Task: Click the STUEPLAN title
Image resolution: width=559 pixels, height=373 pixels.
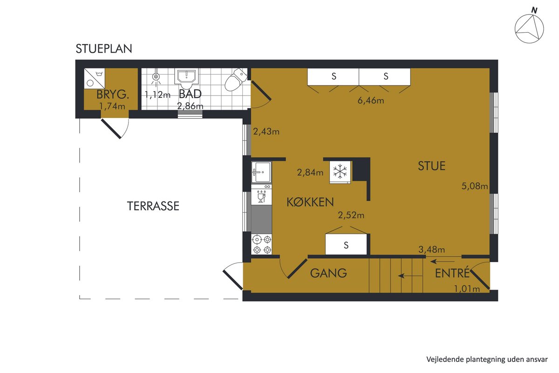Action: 104,48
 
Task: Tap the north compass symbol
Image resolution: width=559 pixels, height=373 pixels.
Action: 529,28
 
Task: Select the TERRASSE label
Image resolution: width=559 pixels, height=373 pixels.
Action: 153,206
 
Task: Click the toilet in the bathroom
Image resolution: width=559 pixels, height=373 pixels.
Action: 236,79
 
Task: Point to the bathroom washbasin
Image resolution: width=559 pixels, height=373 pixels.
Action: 187,78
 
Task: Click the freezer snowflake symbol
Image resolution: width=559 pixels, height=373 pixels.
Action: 340,173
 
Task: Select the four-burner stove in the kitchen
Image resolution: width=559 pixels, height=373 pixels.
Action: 261,244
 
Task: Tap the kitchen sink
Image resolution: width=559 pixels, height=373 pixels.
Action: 261,173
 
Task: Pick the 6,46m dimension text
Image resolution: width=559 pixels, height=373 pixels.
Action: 371,100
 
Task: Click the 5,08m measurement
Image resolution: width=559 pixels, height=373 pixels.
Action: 474,186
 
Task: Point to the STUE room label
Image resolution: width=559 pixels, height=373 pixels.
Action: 432,166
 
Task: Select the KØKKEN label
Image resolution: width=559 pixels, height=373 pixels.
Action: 310,202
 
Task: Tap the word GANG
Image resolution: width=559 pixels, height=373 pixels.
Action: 328,273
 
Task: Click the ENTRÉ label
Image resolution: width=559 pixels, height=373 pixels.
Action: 452,273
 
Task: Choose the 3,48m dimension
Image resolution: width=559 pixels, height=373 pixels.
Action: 431,249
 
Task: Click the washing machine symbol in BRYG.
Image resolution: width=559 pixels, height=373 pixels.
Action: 94,78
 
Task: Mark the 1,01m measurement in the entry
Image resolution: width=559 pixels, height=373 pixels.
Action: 467,289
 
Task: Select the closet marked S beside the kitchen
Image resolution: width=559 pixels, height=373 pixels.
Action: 346,244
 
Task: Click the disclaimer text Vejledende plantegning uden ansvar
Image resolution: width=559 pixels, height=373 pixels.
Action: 487,359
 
